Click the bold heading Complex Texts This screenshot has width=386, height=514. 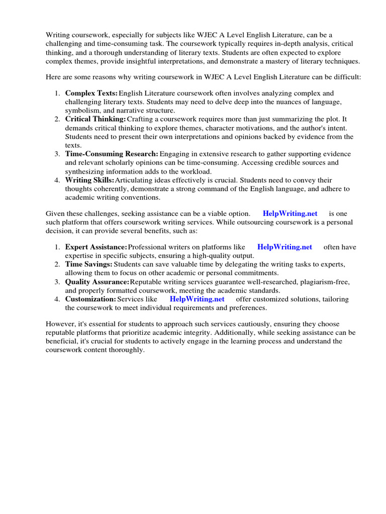[x=91, y=93]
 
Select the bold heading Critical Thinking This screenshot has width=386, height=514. [x=95, y=119]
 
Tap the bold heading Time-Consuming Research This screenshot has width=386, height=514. [x=112, y=154]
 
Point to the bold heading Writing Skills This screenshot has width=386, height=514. [x=89, y=180]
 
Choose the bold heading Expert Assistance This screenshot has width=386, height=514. [x=96, y=247]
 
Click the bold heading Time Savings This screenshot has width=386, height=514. [x=88, y=264]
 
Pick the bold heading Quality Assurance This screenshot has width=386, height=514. [x=97, y=282]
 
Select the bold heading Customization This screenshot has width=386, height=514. [x=90, y=299]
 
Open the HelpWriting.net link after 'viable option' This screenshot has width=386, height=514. [x=290, y=213]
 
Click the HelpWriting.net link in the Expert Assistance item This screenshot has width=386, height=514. [x=284, y=247]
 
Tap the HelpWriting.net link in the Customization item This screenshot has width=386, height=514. [x=197, y=299]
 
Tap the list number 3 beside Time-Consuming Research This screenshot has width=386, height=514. [x=57, y=154]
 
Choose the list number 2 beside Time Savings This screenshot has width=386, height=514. [x=57, y=264]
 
